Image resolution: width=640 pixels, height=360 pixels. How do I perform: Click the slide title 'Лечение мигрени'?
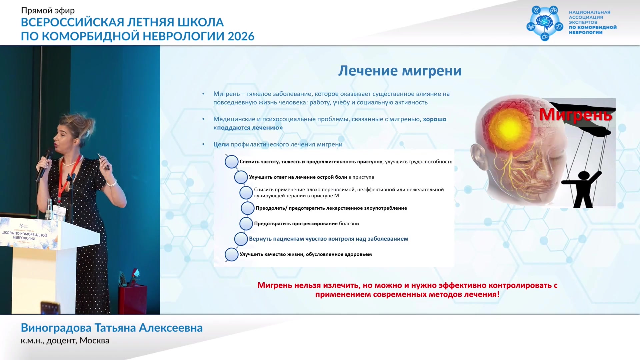400,71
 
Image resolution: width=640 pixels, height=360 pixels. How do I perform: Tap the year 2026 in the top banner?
241,36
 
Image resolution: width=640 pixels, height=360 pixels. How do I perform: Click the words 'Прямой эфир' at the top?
48,11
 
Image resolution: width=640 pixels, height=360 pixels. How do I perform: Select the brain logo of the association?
545,23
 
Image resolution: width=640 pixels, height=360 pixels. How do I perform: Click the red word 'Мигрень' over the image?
576,115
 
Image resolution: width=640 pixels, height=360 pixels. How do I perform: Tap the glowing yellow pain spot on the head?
509,128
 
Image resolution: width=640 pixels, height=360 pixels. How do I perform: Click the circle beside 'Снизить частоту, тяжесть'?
231,162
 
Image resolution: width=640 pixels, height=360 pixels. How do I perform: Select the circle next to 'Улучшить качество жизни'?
231,255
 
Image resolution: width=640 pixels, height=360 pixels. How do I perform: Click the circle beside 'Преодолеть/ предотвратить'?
248,208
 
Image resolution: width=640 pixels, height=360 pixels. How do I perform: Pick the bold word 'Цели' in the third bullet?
221,144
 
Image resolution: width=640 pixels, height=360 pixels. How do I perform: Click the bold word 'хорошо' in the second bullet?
435,119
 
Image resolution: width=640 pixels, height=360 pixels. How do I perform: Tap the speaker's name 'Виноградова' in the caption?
56,328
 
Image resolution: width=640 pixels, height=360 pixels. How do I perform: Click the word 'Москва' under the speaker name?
94,341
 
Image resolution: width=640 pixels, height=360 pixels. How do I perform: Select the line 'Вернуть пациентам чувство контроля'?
329,239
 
